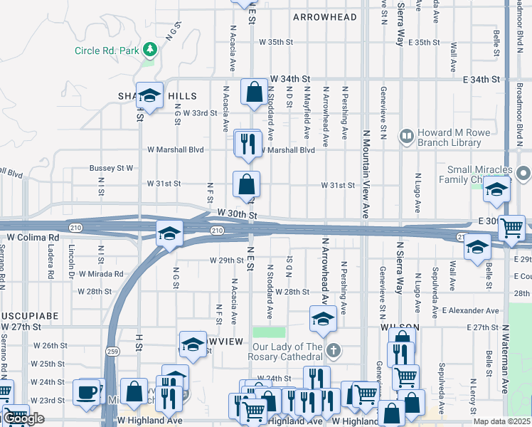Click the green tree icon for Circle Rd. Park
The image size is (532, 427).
149,49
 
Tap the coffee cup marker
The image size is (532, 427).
87,391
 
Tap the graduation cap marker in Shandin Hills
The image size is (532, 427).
149,95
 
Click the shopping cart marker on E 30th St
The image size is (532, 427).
511,228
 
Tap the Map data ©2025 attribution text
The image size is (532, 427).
502,421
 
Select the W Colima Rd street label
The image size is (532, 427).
33,237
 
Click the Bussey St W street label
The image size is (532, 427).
111,168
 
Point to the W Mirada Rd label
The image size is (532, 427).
100,273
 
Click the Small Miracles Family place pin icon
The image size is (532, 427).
524,174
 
